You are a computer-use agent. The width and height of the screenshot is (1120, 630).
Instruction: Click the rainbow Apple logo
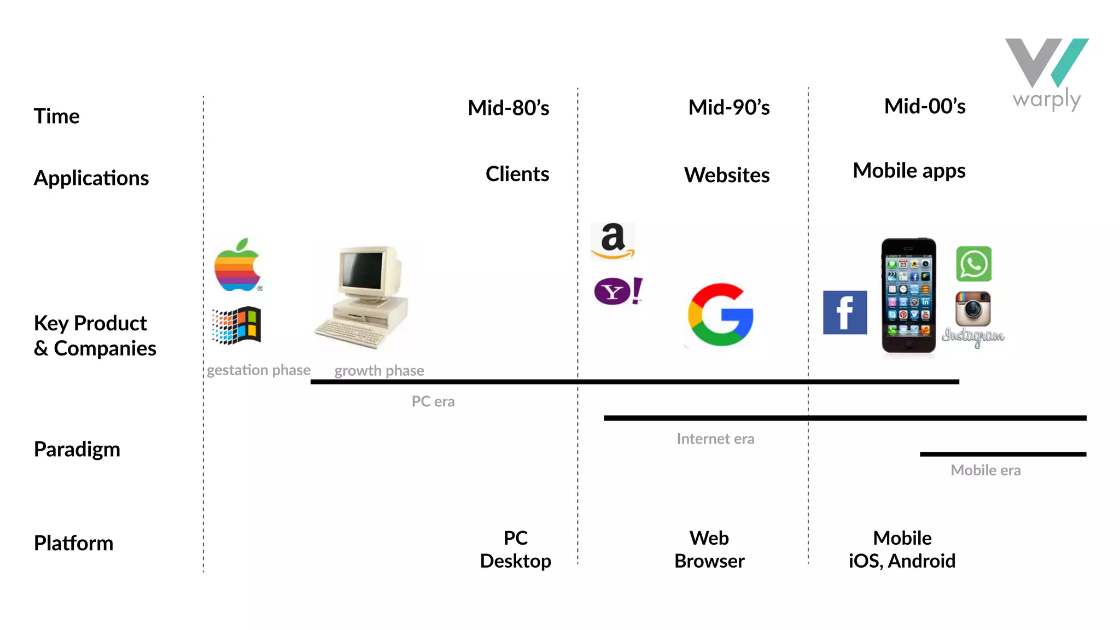tap(237, 266)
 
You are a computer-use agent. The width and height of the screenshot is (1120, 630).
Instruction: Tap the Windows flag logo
tap(237, 325)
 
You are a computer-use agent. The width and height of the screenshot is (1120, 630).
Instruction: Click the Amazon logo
tap(613, 241)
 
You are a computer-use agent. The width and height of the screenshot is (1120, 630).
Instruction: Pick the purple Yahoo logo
tap(618, 291)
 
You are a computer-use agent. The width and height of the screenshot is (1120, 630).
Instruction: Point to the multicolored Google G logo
tap(721, 314)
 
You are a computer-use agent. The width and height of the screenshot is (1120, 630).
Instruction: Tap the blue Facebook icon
tap(845, 312)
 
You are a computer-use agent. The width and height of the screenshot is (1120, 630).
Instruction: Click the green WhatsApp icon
tap(973, 264)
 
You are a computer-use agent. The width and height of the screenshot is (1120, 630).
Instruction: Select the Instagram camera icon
tap(973, 308)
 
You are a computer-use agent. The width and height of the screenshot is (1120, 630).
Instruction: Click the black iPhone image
tap(908, 295)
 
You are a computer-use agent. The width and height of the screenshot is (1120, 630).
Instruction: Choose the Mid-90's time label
tap(728, 108)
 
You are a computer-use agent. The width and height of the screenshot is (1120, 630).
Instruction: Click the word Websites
tap(727, 176)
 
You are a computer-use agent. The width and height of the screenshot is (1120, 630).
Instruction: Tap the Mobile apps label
tap(909, 171)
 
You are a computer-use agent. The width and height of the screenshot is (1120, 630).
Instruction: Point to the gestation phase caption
tap(258, 370)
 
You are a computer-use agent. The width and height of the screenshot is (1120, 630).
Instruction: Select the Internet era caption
tap(715, 439)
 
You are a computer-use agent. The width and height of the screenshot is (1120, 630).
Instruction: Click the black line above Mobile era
tap(1002, 454)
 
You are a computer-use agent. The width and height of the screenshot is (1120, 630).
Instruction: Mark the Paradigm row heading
tap(77, 450)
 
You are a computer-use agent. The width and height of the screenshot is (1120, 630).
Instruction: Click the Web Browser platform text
tap(709, 550)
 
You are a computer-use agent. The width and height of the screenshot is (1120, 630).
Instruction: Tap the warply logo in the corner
tap(1047, 74)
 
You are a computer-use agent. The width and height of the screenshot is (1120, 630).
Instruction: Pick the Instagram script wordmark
tap(973, 336)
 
